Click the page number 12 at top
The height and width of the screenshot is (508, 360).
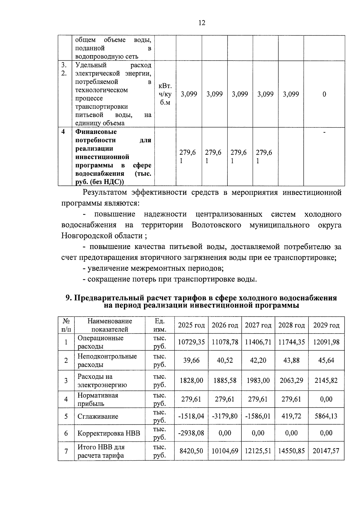coord(202,23)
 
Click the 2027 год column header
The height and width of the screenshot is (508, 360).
coord(258,325)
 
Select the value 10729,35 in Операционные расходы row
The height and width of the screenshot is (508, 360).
coord(191,342)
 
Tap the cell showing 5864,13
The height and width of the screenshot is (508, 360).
coord(326,416)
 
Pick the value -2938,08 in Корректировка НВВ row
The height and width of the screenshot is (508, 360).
coord(191,433)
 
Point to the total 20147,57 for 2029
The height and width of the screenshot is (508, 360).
coord(326,451)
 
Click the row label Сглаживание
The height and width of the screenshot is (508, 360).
coord(98,416)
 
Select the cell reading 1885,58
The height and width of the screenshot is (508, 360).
coord(225,380)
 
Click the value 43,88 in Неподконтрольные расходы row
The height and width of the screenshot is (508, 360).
coord(291,360)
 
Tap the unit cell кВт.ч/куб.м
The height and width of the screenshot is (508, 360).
coord(165,94)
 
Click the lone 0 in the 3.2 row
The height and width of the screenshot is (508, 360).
coord(324,94)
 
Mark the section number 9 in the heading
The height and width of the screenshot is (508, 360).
coord(68,298)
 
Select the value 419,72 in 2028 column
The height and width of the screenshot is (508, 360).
coord(291,416)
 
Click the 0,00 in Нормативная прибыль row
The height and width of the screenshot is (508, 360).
coord(326,399)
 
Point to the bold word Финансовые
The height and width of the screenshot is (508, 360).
coord(96,132)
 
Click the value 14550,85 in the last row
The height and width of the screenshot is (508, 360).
coord(291,451)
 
